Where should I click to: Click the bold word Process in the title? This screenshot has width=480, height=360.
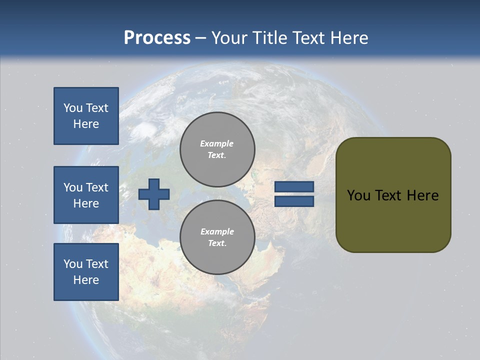(x=157, y=38)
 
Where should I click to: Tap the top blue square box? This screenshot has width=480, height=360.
(x=86, y=116)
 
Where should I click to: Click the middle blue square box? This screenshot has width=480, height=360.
(x=86, y=195)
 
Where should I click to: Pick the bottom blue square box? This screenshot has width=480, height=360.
(x=86, y=272)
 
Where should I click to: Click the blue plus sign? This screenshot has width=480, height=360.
(x=154, y=194)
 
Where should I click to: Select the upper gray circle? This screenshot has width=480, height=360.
(x=217, y=149)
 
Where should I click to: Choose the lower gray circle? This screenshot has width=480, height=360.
(x=217, y=237)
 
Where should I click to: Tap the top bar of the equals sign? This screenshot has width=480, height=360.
(x=294, y=187)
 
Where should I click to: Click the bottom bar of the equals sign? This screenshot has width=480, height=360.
(x=294, y=201)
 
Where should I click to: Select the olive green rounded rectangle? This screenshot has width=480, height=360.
(x=393, y=195)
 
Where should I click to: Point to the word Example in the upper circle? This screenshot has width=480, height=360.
(x=217, y=143)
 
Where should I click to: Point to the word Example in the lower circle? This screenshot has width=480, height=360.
(x=217, y=231)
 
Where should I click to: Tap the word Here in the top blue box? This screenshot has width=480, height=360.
(x=86, y=124)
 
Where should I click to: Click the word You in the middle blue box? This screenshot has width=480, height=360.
(x=72, y=187)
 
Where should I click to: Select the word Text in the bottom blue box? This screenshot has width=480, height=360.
(x=96, y=264)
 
